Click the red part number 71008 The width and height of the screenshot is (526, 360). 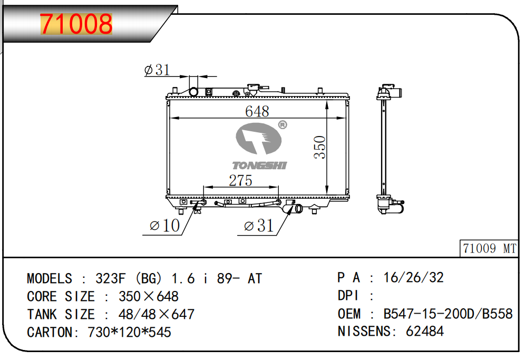pos(76,24)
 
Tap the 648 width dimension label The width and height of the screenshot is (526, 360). pos(257,111)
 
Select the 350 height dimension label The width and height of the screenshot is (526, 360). pos(320,147)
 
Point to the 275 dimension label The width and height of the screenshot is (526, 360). pos(240,180)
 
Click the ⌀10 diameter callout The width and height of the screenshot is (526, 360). pos(165,226)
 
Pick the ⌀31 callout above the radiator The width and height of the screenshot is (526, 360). pos(157,70)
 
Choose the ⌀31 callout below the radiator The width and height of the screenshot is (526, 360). pos(259,226)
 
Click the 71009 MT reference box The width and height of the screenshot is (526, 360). pos(489,249)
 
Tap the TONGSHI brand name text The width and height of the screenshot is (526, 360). pos(260,166)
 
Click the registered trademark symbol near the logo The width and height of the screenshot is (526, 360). pos(283,125)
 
